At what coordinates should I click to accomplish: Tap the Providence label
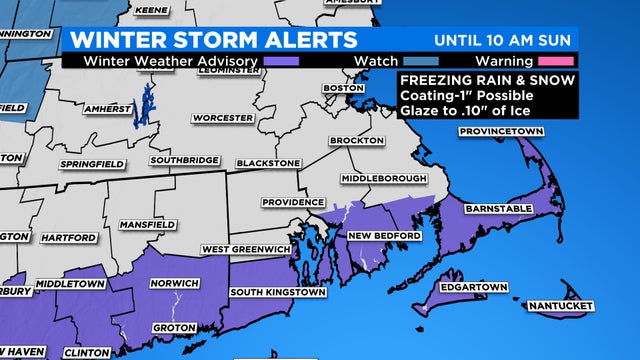pos(293,202)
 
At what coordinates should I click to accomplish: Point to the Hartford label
pos(69,237)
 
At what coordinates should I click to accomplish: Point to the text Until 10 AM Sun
pos(504,40)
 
